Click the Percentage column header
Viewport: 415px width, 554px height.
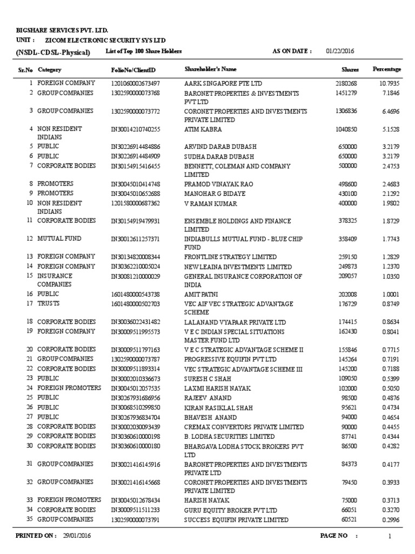[x=387, y=69]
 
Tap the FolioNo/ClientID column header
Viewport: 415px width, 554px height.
[x=133, y=70]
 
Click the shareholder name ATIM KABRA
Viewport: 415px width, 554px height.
[x=203, y=130]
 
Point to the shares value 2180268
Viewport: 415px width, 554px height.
[x=346, y=83]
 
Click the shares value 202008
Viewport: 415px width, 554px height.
[x=347, y=294]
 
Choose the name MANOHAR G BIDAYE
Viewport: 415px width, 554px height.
[x=213, y=193]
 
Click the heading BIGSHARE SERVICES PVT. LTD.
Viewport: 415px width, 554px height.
[x=66, y=31]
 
